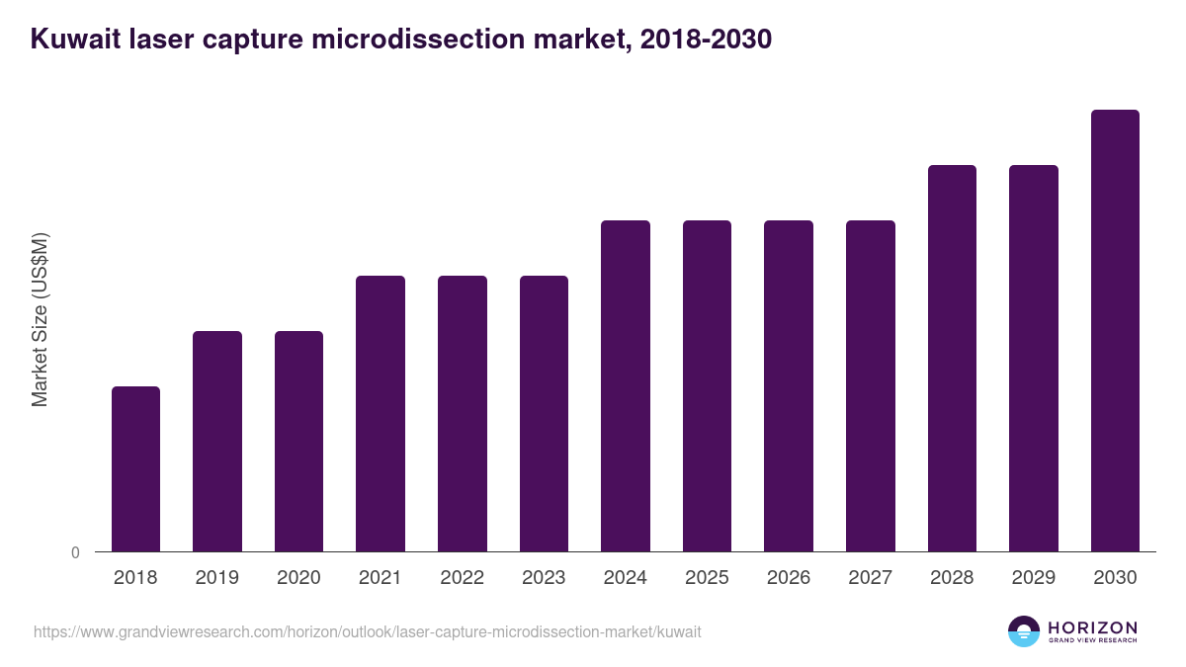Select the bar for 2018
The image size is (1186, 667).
coord(135,469)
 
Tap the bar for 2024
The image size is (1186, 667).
coord(626,385)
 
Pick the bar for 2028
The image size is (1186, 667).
coord(952,358)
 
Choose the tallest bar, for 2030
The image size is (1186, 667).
coord(1115,331)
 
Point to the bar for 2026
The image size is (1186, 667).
coord(789,385)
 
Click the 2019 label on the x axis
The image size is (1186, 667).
coord(217,578)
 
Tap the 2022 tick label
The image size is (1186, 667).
coord(463,578)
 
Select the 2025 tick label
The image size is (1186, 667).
coord(707,578)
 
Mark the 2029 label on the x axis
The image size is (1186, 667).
coord(1034,578)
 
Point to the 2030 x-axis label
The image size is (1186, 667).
coord(1115,578)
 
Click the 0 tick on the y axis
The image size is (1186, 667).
coord(75,553)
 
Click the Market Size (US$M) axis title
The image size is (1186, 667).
coord(40,319)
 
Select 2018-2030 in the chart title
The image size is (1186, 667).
coord(706,41)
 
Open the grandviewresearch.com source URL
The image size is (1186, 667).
coord(367,631)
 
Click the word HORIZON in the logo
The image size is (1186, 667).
coord(1092,626)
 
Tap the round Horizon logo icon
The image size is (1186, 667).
coord(1024,631)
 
